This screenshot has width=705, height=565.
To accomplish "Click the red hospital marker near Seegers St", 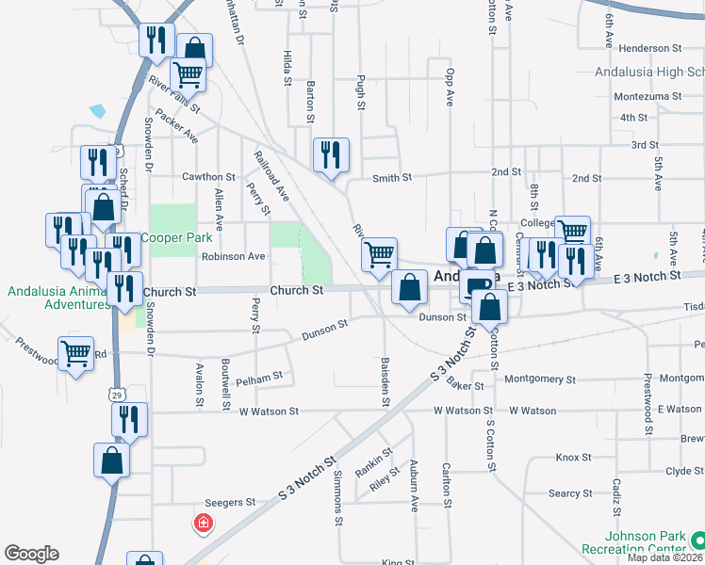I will coord(202,523).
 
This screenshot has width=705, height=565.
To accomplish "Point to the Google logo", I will coord(31,554).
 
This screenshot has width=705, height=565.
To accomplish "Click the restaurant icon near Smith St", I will coord(331,154).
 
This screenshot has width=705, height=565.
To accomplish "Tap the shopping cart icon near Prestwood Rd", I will coord(75,353).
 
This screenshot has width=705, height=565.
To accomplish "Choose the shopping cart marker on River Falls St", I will coord(188,73).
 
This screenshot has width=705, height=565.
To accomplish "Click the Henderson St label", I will coord(650,48).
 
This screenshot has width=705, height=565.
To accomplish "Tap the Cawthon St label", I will coord(208,177).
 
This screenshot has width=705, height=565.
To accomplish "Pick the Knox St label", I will coord(573,458).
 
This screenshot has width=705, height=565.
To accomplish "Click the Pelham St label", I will coord(259,377).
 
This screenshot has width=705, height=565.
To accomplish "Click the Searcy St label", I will coord(570,493).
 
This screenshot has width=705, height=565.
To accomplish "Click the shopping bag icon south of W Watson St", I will coord(111,460).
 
